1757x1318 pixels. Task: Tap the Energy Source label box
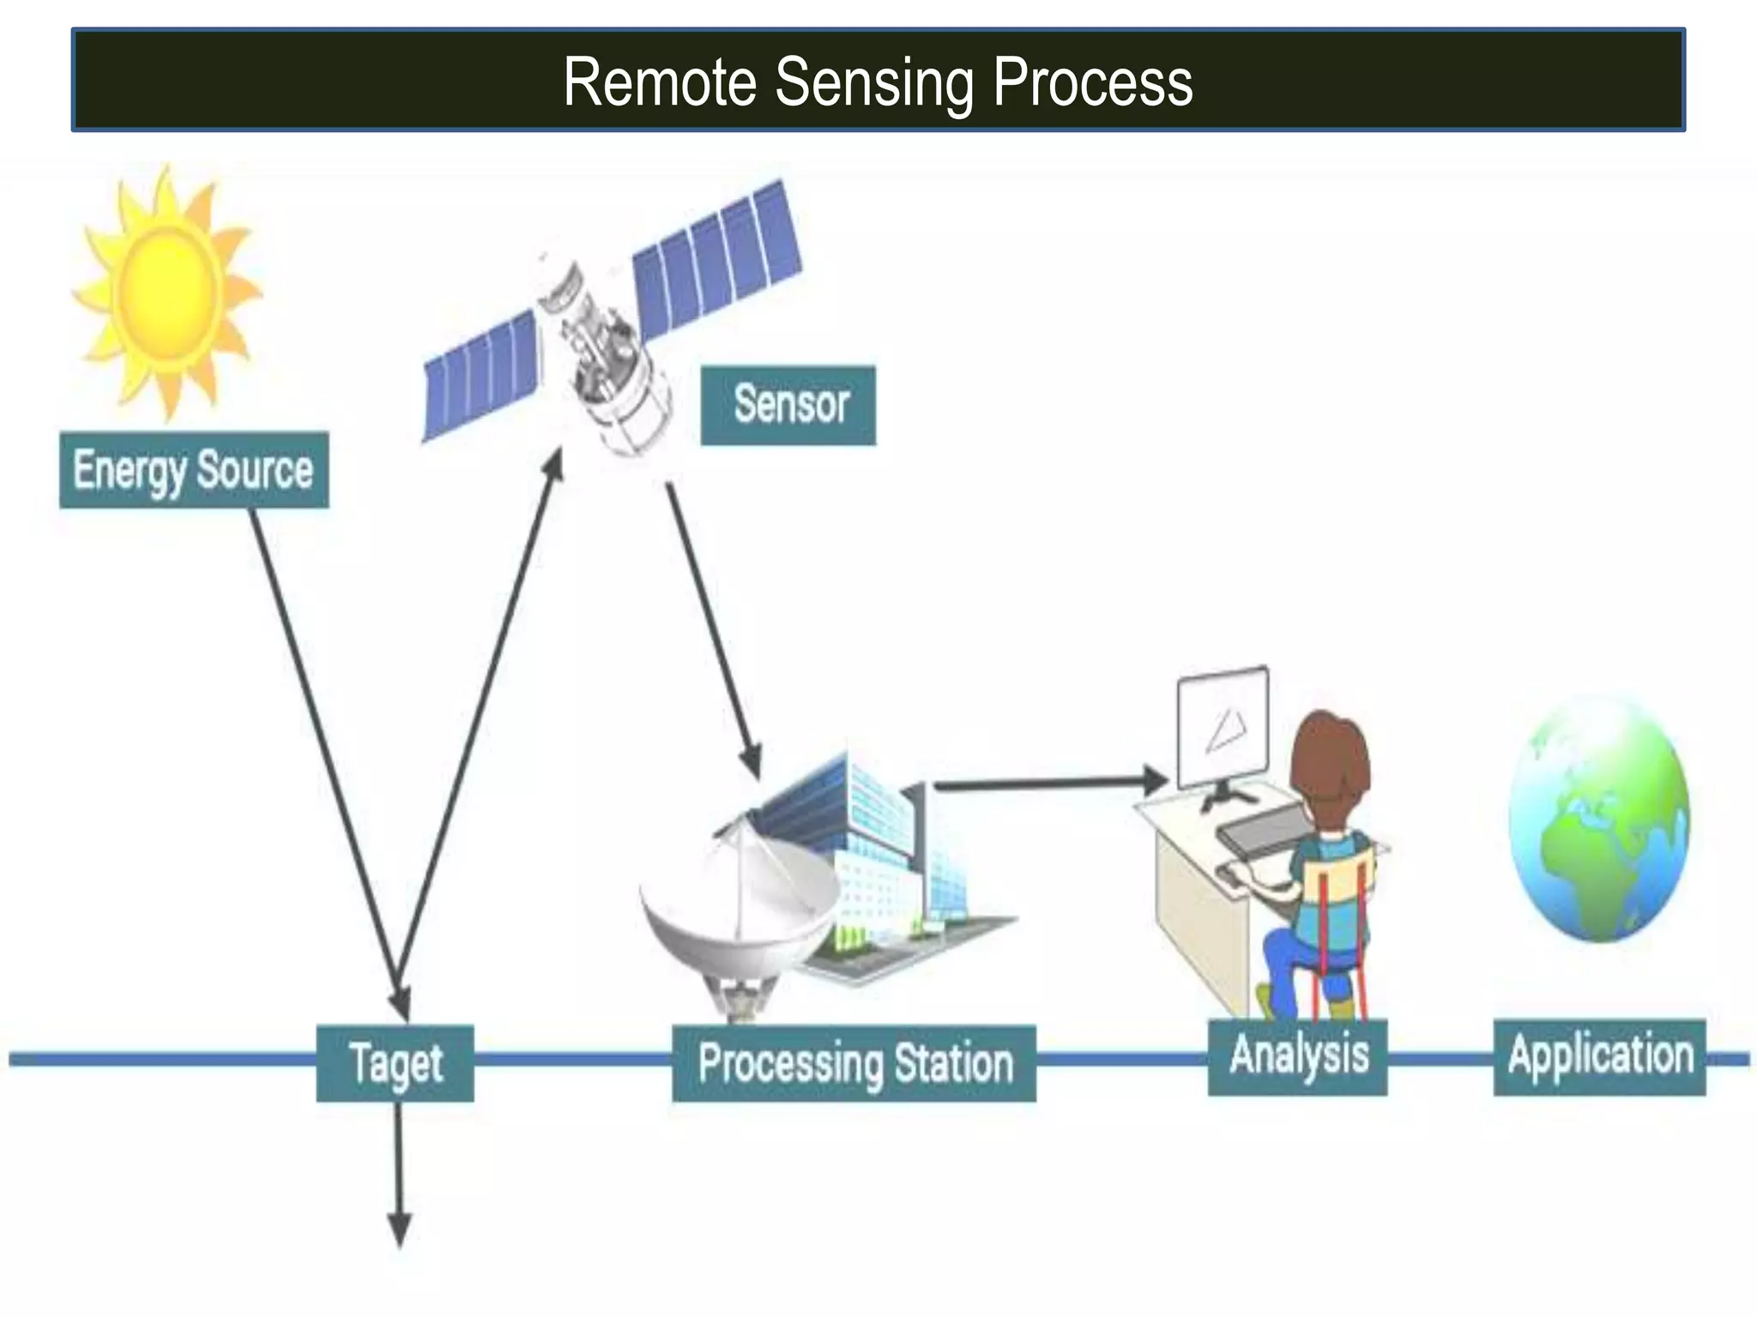tap(194, 470)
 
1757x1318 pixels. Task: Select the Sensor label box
tap(788, 405)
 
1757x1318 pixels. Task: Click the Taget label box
tap(395, 1063)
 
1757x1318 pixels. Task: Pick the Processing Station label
tap(854, 1063)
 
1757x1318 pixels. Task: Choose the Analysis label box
tap(1297, 1056)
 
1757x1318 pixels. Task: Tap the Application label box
tap(1599, 1056)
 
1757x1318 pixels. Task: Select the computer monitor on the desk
tap(1223, 729)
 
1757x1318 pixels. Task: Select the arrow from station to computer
tap(1047, 783)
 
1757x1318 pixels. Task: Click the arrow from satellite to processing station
tap(712, 626)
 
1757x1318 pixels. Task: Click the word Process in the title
tap(1092, 83)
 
